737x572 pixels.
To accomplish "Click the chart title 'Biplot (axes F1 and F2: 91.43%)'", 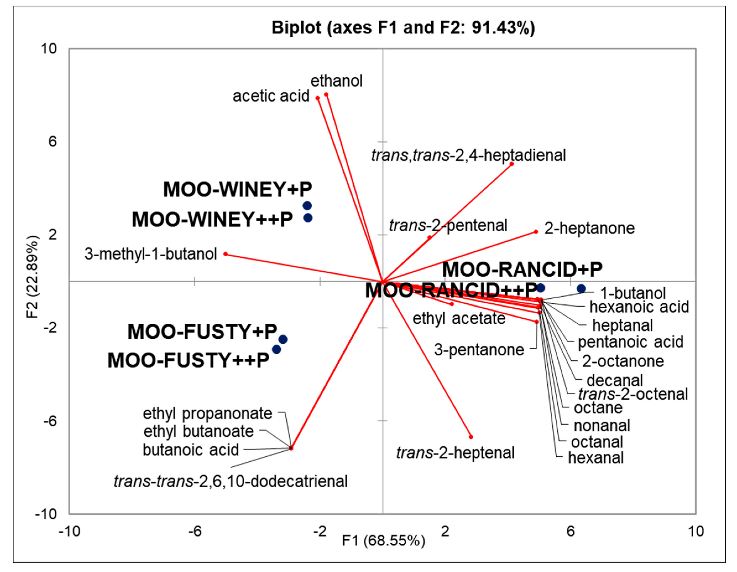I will point(403,28).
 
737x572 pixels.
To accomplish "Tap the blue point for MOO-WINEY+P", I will point(307,205).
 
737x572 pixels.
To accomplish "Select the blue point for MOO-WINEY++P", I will point(308,218).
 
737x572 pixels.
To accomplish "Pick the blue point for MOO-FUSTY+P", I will point(283,339).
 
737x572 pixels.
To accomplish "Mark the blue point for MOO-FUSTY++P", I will point(276,349).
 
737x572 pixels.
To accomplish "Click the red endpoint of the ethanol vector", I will point(326,95).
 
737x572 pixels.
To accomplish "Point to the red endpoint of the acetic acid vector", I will point(318,98).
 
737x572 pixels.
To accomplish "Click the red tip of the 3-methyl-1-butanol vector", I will point(226,254).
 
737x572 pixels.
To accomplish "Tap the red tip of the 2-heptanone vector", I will point(536,232).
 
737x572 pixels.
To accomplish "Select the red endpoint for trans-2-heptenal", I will point(471,437).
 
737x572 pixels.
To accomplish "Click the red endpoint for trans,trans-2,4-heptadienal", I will point(512,164).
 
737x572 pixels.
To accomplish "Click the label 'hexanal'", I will point(596,458).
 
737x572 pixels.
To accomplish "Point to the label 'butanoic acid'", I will point(191,450).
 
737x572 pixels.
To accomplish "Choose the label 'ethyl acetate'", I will point(459,318).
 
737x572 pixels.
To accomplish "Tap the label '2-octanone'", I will point(623,361).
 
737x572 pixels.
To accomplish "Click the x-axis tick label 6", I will point(570,531).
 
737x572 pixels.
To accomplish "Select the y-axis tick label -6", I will point(50,421).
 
